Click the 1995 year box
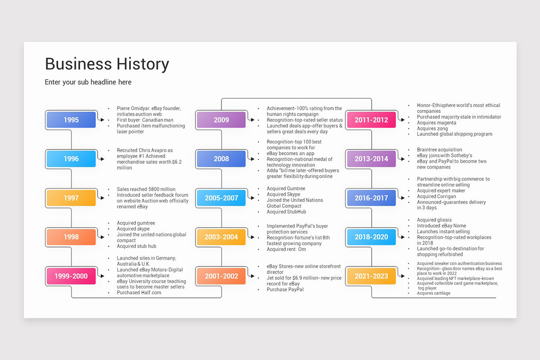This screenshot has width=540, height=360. [71, 120]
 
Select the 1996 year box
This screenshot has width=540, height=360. [71, 159]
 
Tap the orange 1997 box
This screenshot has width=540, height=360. [71, 198]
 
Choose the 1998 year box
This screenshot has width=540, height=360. [71, 237]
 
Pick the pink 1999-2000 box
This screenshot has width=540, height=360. [71, 276]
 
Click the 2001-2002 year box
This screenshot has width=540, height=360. [221, 276]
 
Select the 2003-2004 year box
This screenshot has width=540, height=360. [221, 237]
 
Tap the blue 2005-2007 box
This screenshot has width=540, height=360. [221, 198]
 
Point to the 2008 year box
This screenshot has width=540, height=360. [221, 159]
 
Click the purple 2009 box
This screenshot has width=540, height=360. [221, 120]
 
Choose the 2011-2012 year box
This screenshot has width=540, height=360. [371, 120]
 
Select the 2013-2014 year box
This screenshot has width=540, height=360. [371, 159]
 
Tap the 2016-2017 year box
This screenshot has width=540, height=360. [371, 198]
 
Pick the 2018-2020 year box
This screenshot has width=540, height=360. [371, 237]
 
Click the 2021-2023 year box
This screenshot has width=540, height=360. [371, 276]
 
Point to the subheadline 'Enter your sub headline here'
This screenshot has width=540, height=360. [88, 82]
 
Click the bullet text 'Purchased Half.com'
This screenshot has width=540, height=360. [139, 292]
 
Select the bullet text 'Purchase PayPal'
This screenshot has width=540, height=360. [285, 289]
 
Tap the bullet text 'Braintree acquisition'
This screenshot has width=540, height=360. [439, 150]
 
